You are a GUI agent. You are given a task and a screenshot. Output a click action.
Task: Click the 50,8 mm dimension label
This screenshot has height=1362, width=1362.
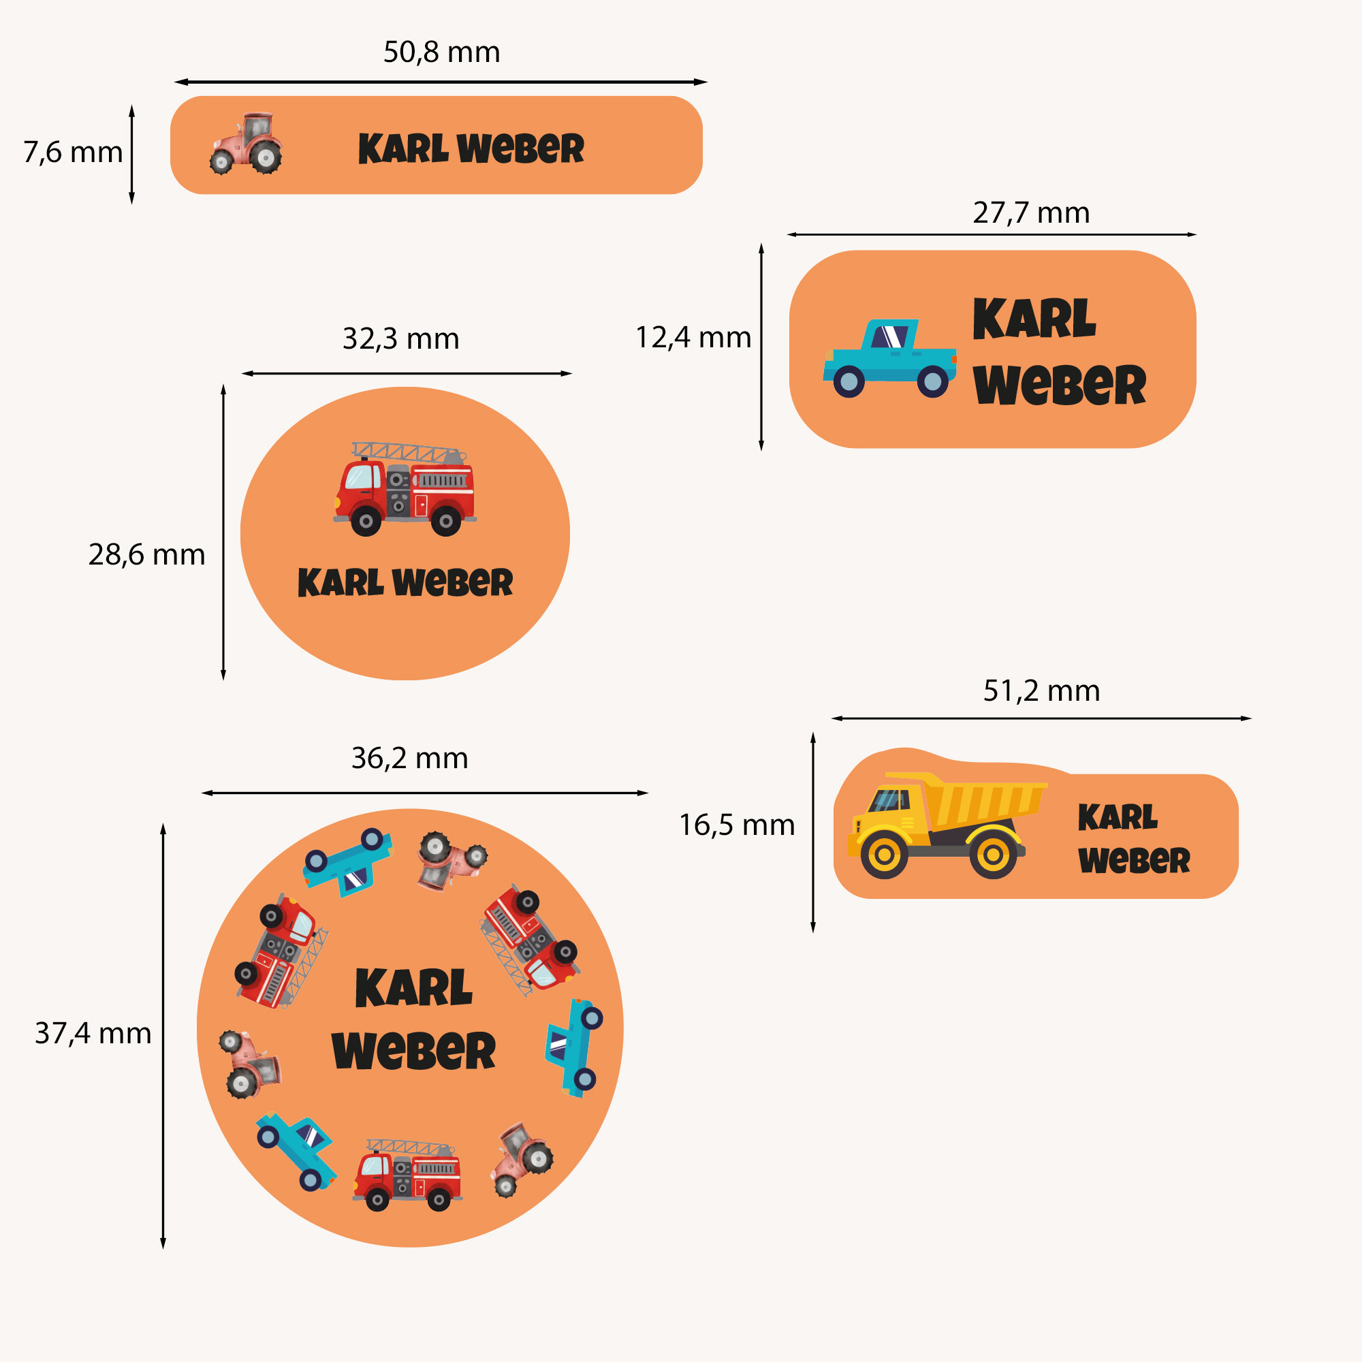tap(441, 52)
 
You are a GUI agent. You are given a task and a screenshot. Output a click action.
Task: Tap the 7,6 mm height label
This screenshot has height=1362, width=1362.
tap(73, 153)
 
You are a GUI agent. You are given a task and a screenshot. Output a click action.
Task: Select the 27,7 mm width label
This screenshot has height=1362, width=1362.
tap(1030, 213)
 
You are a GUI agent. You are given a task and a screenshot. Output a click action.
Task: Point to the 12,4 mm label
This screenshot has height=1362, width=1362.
tap(693, 338)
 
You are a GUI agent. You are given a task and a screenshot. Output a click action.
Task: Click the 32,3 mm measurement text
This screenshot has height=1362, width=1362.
tap(400, 339)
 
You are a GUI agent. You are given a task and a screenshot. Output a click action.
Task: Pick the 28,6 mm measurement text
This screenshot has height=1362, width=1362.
tap(146, 555)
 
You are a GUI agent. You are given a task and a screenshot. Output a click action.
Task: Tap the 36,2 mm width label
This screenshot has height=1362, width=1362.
tap(409, 759)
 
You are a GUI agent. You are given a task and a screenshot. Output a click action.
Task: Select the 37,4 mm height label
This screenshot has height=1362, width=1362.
tap(93, 1034)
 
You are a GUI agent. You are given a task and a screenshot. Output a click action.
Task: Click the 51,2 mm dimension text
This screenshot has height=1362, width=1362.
tap(1041, 691)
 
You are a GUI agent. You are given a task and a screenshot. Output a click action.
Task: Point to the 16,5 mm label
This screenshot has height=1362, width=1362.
tap(737, 825)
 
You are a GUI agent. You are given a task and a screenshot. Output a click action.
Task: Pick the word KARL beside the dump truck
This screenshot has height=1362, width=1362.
tap(1118, 818)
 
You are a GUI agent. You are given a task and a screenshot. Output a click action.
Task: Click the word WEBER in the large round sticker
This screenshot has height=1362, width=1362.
tap(414, 1051)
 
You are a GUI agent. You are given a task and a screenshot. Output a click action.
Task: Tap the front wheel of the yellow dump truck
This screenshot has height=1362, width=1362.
tap(884, 855)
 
